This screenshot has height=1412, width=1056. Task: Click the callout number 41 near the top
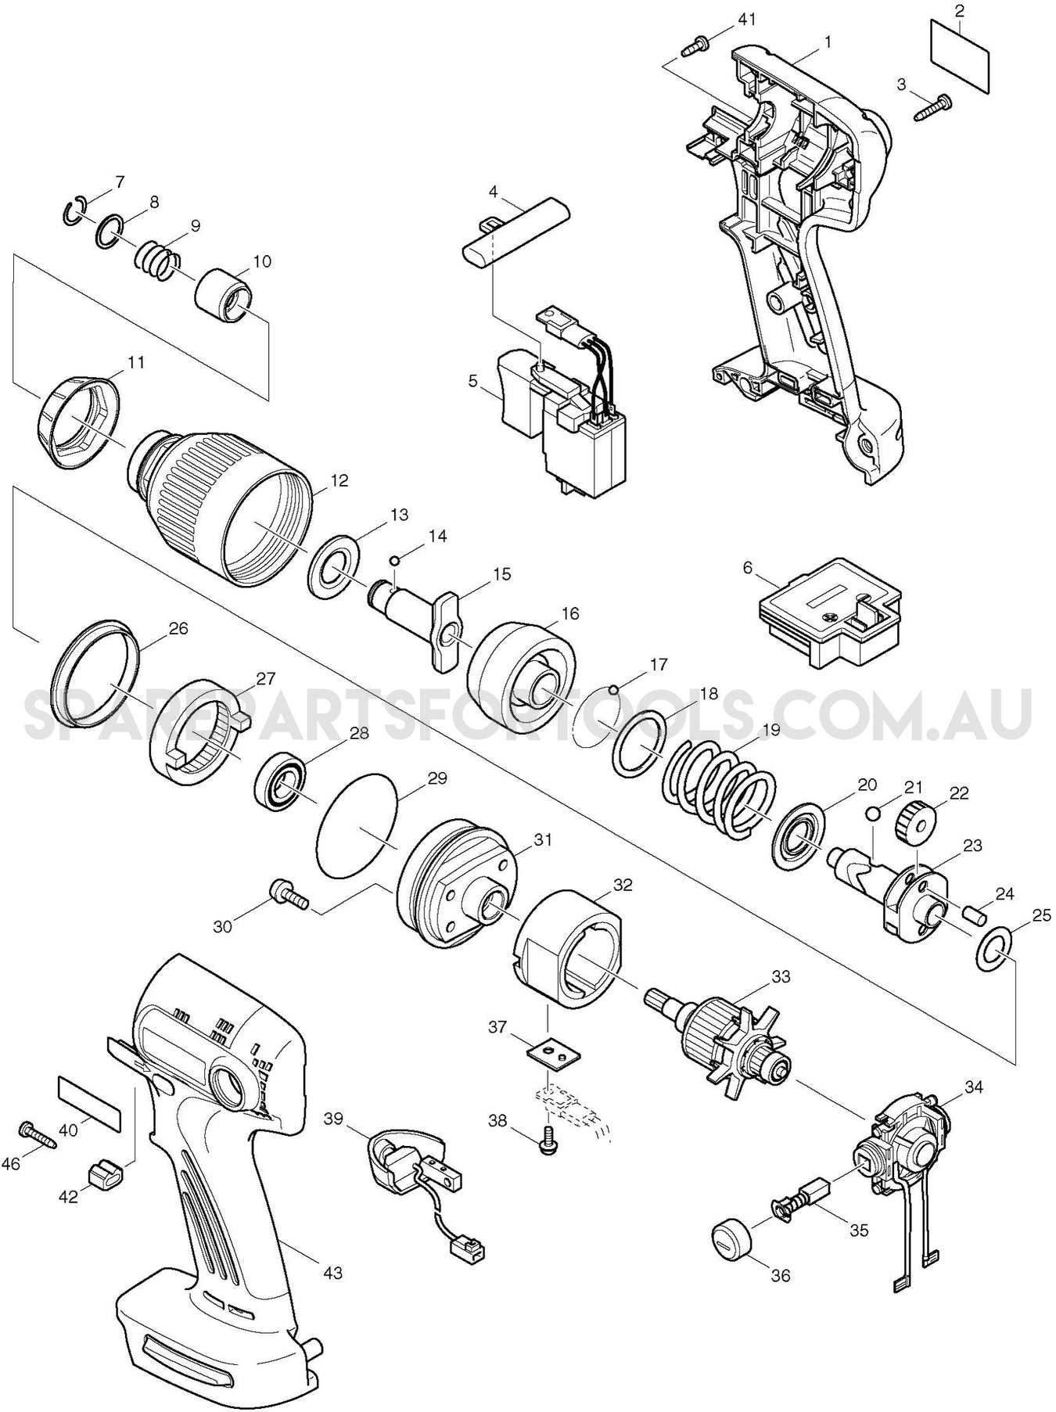tap(747, 19)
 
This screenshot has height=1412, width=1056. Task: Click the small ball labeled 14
tap(397, 559)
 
